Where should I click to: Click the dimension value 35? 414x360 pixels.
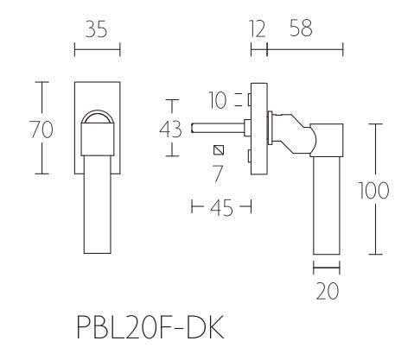[x=97, y=32]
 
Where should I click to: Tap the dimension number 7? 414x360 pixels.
[x=218, y=173]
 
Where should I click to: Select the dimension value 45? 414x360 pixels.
[x=220, y=208]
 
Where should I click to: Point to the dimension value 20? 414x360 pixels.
[x=326, y=292]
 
